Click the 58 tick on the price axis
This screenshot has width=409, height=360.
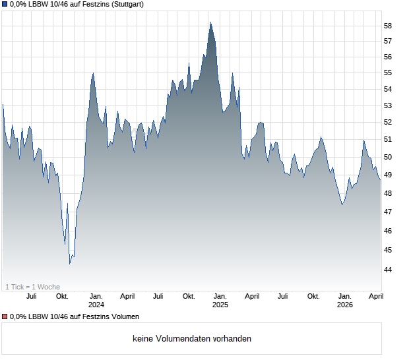point(388,26)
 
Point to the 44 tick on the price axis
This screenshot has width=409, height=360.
point(388,270)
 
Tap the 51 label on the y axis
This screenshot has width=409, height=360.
point(388,140)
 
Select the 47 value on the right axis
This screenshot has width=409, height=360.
point(388,212)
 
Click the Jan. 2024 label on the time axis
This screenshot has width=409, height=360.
point(96,300)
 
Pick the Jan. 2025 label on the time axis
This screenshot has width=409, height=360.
point(220,300)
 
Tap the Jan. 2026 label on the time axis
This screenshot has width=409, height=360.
point(344,300)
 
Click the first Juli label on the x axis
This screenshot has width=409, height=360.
point(31,296)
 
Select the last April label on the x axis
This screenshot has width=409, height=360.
point(376,296)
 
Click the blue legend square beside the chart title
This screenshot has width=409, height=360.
point(4,4)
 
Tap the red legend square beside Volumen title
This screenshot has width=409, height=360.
point(4,317)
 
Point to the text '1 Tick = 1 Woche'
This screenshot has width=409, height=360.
point(32,287)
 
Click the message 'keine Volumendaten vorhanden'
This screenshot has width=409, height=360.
point(192,339)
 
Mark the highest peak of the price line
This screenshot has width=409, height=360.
point(210,22)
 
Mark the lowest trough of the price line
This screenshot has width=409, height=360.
point(70,264)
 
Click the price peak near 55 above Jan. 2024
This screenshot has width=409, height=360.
point(93,73)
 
